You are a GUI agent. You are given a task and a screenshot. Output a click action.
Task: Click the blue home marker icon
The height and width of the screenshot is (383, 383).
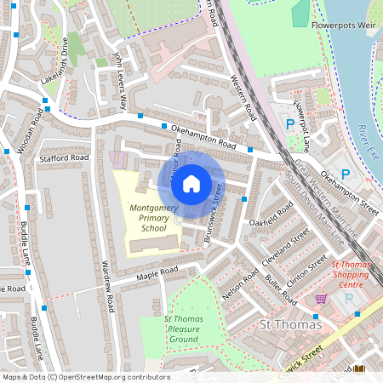pyautogui.click(x=191, y=183)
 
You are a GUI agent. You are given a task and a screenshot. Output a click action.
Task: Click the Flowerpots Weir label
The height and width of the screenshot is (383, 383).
pyautogui.click(x=344, y=24)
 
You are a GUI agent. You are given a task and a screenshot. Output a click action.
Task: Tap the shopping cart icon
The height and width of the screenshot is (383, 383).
pyautogui.click(x=321, y=299)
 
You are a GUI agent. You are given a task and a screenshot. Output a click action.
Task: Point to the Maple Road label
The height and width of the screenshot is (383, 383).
pyautogui.click(x=157, y=272)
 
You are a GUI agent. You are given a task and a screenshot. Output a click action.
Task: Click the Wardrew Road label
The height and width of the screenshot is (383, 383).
pyautogui.click(x=108, y=273)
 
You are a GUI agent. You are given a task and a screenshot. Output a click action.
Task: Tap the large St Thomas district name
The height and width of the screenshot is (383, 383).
pyautogui.click(x=289, y=324)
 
